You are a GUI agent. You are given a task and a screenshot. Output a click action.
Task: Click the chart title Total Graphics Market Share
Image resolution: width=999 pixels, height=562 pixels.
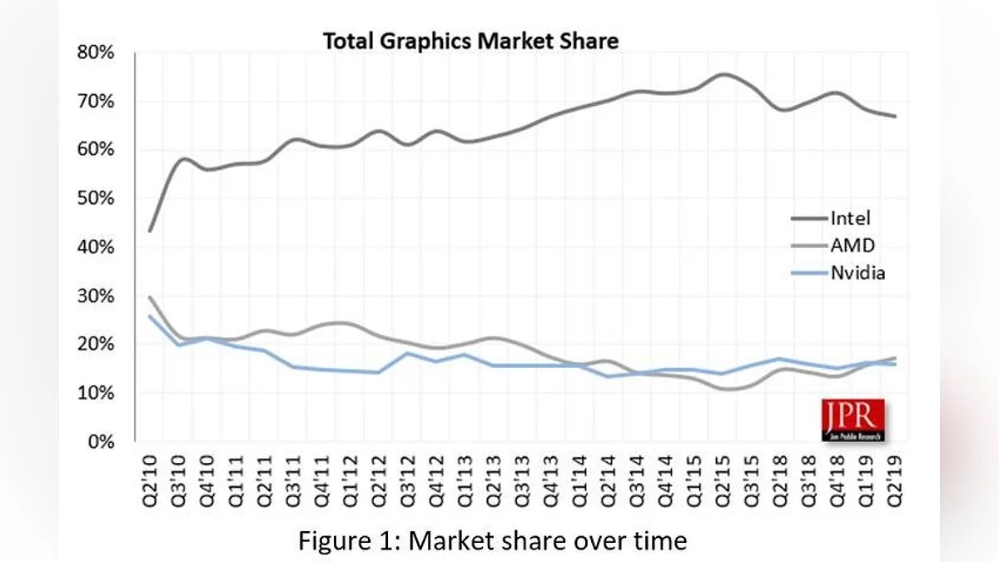(x=470, y=41)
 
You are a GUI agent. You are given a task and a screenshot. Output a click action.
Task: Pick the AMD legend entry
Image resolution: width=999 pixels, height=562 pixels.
(x=852, y=245)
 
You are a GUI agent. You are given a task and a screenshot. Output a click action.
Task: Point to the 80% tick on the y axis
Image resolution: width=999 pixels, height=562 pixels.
(x=96, y=52)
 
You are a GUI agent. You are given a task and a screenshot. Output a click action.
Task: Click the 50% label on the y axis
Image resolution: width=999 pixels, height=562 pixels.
(x=96, y=199)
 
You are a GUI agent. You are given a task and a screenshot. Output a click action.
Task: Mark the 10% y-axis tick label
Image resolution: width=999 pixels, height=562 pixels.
(x=96, y=393)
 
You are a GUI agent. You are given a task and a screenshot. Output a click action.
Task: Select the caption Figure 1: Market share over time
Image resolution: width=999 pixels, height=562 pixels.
(x=493, y=541)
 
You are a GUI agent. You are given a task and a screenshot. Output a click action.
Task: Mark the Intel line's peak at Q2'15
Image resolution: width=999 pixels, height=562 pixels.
(x=723, y=74)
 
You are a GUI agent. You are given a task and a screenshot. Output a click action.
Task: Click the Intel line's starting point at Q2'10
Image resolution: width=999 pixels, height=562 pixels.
(x=149, y=231)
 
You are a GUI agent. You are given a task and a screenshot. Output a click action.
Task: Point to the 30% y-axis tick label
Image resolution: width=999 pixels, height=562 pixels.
(x=96, y=296)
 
